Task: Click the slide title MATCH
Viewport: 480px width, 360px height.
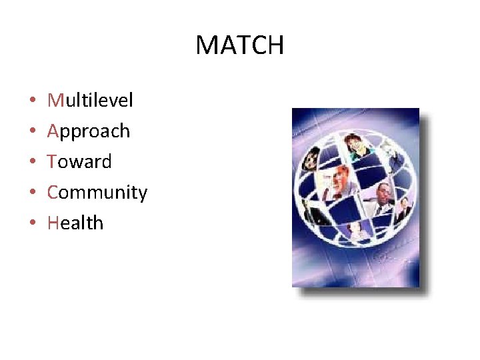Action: click(239, 45)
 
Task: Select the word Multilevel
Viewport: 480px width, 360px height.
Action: click(90, 100)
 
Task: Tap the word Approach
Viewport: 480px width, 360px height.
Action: click(89, 131)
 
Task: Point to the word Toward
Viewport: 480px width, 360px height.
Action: click(79, 161)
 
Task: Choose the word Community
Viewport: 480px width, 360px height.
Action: click(97, 193)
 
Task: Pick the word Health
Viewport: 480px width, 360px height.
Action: click(75, 223)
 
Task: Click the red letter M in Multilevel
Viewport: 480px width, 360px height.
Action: click(55, 100)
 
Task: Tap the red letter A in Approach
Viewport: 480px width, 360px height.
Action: click(53, 131)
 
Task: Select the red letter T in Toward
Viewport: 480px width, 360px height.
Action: click(52, 161)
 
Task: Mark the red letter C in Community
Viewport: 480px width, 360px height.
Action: click(53, 192)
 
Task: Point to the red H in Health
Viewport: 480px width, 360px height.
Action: click(53, 223)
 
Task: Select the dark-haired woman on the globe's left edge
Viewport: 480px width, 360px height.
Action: click(311, 160)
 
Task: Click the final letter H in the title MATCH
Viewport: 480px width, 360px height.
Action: click(275, 45)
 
